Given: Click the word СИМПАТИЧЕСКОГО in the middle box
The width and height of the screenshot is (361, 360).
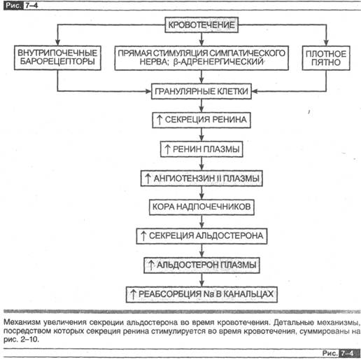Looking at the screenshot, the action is [247, 53].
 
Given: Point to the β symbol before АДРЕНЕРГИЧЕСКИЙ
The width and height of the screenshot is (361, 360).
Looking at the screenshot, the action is [176, 62].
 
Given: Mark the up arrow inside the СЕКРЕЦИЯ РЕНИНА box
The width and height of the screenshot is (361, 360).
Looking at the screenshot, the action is [160, 120].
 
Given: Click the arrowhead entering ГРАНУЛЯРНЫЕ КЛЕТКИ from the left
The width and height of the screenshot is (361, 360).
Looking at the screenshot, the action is [148, 91].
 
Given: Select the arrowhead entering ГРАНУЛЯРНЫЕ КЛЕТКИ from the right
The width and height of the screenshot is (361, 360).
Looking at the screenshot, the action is [255, 91].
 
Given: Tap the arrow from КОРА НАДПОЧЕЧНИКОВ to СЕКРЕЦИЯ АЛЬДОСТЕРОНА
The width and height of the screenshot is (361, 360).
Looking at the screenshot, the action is [201, 221].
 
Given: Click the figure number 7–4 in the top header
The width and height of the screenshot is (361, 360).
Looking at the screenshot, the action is [31, 6].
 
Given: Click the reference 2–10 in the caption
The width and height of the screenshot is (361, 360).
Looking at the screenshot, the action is [29, 339].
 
